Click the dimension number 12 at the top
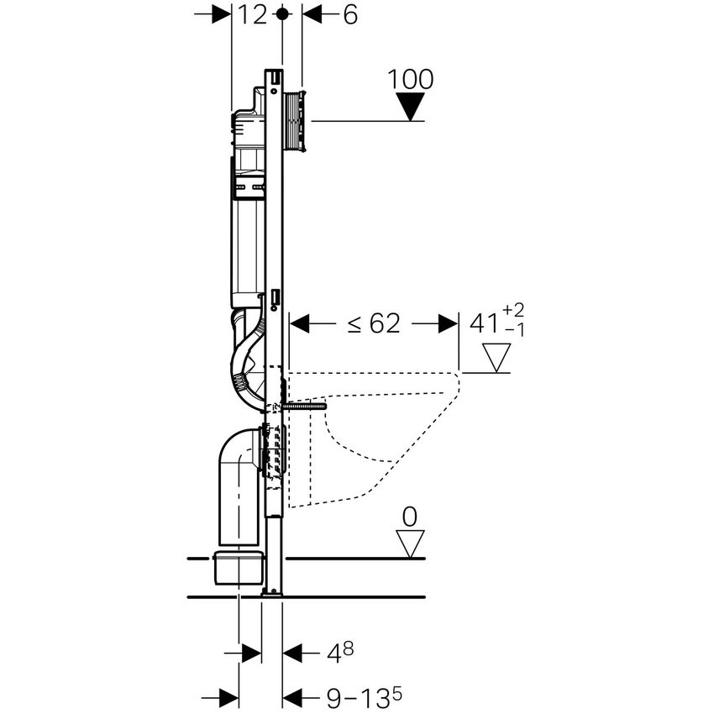coord(252,14)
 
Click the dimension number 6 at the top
coord(349,14)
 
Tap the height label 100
coord(411,80)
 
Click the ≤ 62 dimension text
coord(374,324)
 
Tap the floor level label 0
coord(409,517)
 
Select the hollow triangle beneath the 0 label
coord(410,543)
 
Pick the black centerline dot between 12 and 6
coord(282,14)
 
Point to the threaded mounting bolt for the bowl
coord(304,407)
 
